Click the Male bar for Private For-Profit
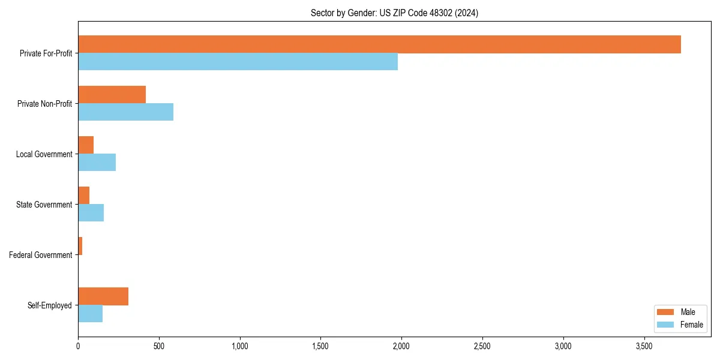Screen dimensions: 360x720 pos(379,44)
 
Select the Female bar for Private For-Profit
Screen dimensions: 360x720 pos(238,62)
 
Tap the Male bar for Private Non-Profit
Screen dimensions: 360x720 pos(112,95)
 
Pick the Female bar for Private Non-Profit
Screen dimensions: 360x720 pos(125,112)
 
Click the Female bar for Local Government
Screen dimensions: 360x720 pos(97,163)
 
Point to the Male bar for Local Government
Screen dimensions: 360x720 pos(86,145)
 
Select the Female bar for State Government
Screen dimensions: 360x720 pos(91,213)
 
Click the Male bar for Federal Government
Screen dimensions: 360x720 pos(80,246)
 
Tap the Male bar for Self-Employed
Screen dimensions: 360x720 pos(103,296)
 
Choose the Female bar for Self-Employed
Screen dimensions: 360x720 pos(90,314)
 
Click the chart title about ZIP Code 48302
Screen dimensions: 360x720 pos(394,13)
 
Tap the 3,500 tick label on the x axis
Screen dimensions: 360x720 pos(644,346)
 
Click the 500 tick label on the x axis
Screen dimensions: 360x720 pos(159,346)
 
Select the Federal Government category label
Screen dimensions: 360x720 pos(41,255)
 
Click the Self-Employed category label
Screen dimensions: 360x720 pos(50,305)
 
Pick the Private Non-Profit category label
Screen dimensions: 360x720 pos(44,104)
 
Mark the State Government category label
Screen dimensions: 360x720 pos(44,205)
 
